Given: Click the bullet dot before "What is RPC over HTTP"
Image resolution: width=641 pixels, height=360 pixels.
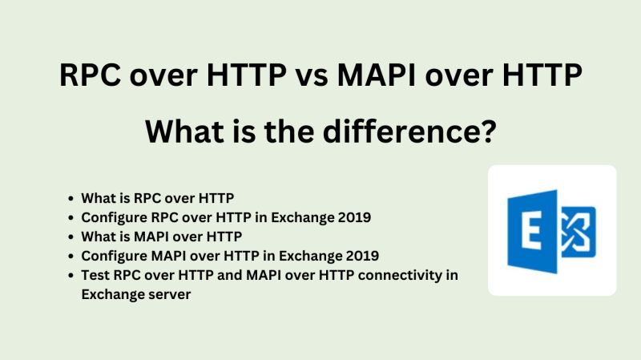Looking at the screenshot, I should (73, 197).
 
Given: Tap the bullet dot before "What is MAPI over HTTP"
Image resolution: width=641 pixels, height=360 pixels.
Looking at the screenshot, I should (73, 237).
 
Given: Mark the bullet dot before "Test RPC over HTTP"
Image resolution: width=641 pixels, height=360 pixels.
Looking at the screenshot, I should (73, 276).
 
